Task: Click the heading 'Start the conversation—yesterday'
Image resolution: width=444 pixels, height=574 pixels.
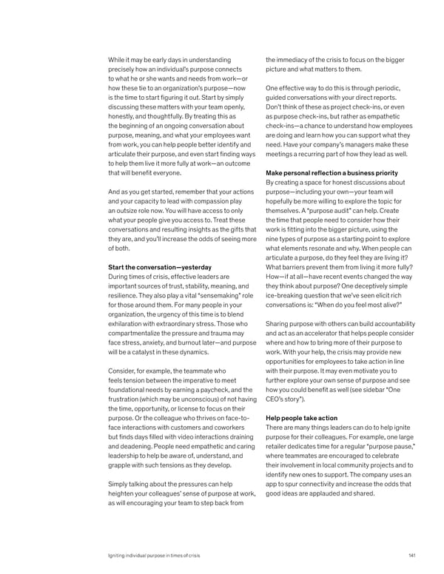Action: tap(160, 267)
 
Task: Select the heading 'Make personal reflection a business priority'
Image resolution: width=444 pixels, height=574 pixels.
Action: tap(335, 172)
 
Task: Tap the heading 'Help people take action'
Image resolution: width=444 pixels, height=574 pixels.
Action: tap(301, 417)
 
